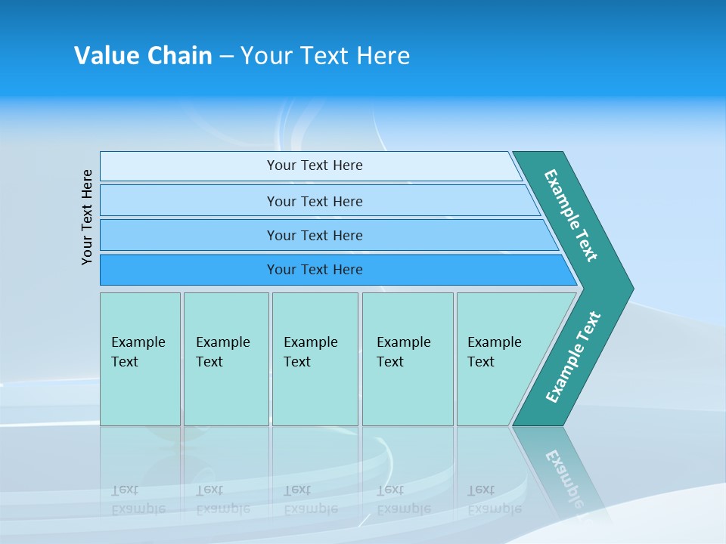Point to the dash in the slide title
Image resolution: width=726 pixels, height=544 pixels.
coord(226,57)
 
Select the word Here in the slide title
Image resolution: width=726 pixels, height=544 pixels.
coord(383,56)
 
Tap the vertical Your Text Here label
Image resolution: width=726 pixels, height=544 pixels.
coord(88,217)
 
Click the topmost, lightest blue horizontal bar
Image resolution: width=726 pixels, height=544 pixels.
coord(314,165)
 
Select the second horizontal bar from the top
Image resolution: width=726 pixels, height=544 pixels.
coord(314,201)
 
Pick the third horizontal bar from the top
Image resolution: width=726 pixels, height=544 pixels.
coord(314,235)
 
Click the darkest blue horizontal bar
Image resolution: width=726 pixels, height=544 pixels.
coord(314,270)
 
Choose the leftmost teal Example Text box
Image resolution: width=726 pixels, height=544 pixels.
coord(140,358)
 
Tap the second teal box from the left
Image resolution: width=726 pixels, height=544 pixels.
coord(225,358)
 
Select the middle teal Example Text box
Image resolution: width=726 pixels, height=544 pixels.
coord(315,358)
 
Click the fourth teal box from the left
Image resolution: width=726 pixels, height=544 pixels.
coord(407,358)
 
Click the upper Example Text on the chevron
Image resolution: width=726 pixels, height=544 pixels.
coord(571,215)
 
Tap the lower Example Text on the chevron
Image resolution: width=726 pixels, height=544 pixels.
coord(572,357)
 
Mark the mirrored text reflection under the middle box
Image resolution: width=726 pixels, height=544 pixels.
coord(310,499)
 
